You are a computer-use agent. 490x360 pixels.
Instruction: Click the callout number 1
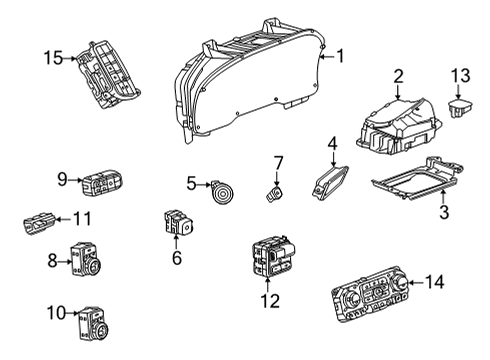click(x=340, y=56)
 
